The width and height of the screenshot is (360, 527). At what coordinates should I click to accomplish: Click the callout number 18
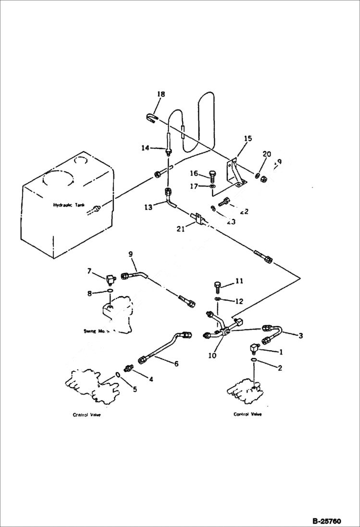click(161, 94)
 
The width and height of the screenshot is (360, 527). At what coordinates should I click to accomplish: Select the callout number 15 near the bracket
click(248, 139)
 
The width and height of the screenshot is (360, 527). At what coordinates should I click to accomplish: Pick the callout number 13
click(149, 207)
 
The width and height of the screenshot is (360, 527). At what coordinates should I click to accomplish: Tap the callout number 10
click(212, 356)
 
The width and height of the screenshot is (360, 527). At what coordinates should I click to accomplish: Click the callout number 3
click(301, 336)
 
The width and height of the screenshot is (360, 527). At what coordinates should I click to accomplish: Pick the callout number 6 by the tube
click(176, 364)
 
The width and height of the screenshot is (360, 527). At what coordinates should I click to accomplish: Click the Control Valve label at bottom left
click(87, 415)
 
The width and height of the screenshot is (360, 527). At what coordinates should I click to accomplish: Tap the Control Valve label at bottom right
click(248, 414)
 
